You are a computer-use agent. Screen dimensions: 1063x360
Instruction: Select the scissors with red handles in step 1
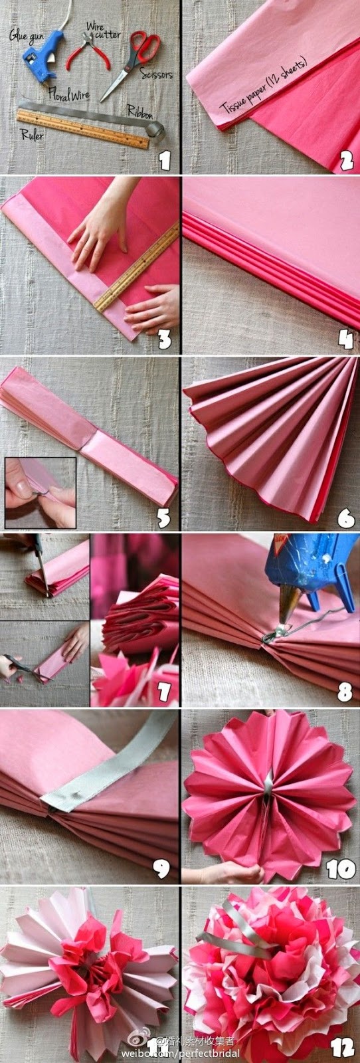(130, 64)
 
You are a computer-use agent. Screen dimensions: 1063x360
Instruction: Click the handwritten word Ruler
(32, 136)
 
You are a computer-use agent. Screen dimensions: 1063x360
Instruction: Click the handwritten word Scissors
(157, 74)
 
